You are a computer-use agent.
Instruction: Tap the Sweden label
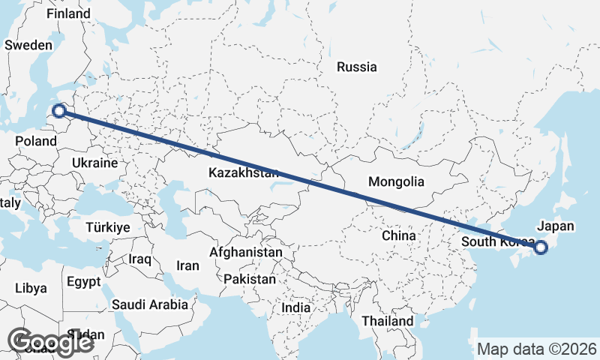coord(28,45)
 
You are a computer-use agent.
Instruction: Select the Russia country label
coord(356,67)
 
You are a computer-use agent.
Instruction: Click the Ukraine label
coord(95,163)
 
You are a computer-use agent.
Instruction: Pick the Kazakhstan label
coord(244,173)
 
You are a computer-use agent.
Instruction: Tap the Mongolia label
coord(396,181)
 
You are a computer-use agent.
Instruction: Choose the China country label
coord(398,235)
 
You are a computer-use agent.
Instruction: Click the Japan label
coord(556,226)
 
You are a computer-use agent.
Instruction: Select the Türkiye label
coord(108,226)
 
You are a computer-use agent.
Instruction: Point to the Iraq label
coord(140,259)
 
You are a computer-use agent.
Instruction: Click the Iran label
coord(187,265)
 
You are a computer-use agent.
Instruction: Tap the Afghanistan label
coord(246,253)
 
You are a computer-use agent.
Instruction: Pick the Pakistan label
coord(250,279)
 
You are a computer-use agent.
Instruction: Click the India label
coord(296,307)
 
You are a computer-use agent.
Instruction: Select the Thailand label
coord(386,321)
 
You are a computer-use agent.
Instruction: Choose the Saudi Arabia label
coord(150,304)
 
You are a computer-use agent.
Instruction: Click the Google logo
coord(50,342)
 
